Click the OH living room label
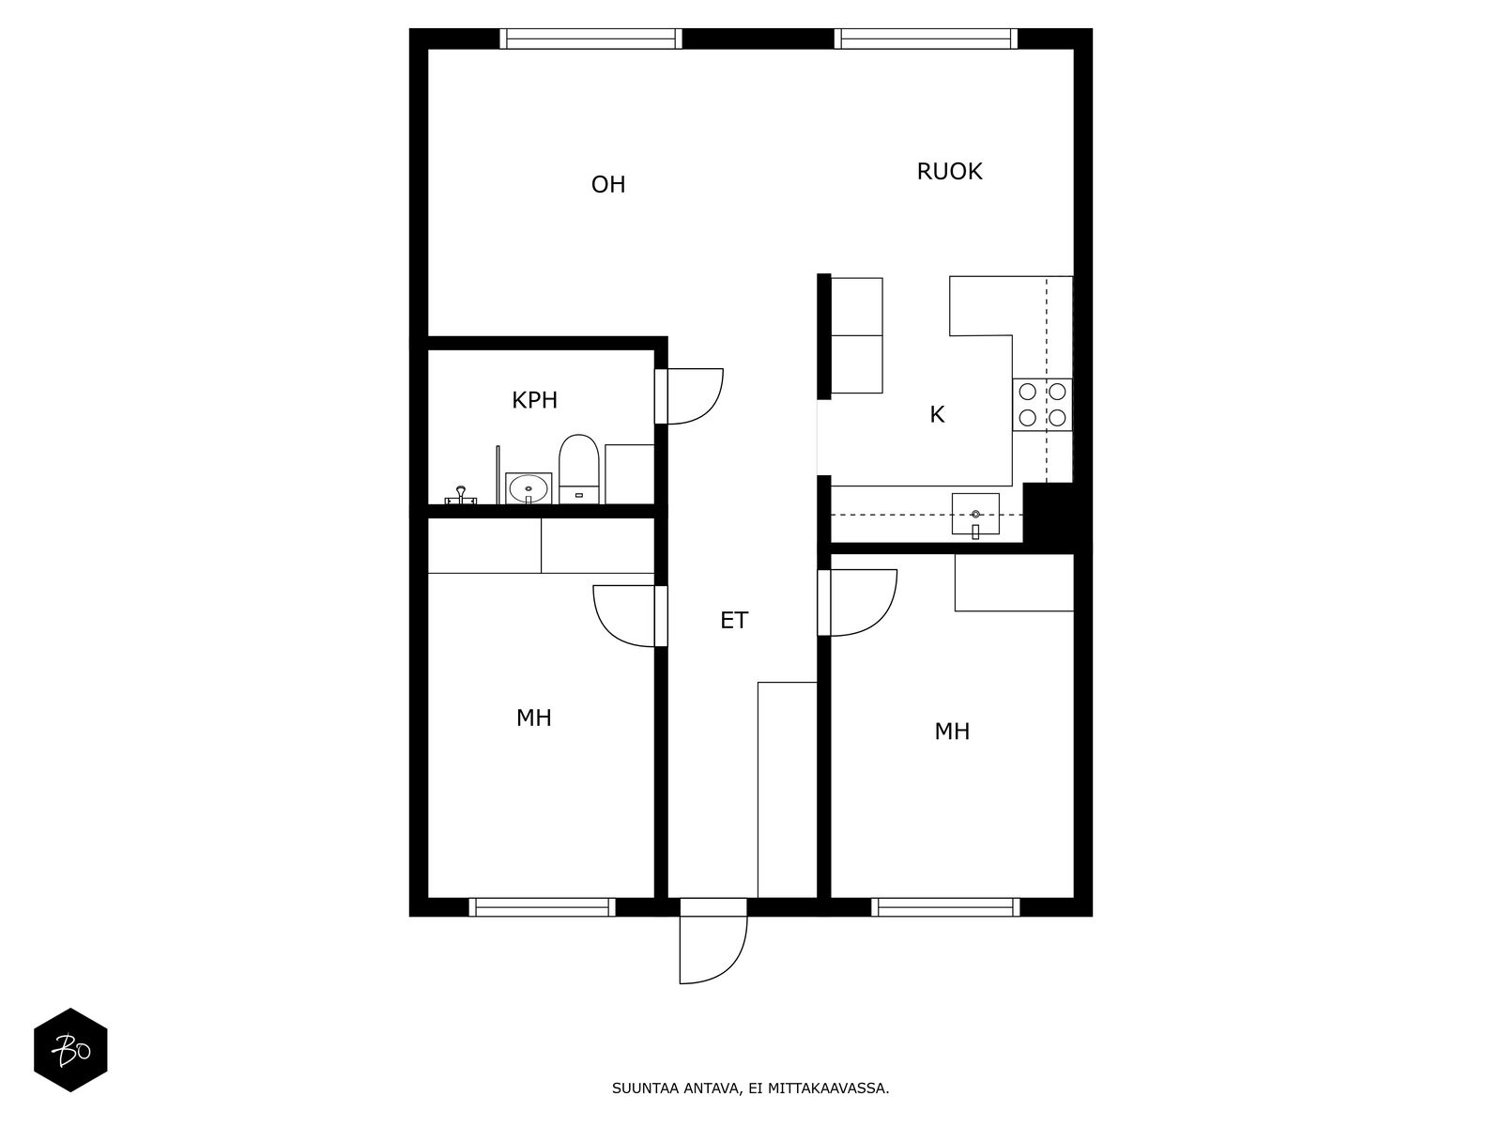pos(607,184)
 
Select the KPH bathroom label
pos(534,400)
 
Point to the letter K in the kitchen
pos(937,414)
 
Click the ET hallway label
pos(733,620)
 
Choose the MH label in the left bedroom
pos(533,718)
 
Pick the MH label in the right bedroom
pos(951,732)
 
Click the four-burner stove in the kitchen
pos(1041,405)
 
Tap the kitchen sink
pos(975,514)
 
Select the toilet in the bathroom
pos(579,470)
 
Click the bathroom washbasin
pos(529,488)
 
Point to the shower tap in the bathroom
pos(461,496)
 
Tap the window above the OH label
pos(590,39)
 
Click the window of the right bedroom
pos(945,907)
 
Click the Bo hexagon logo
pos(70,1050)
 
